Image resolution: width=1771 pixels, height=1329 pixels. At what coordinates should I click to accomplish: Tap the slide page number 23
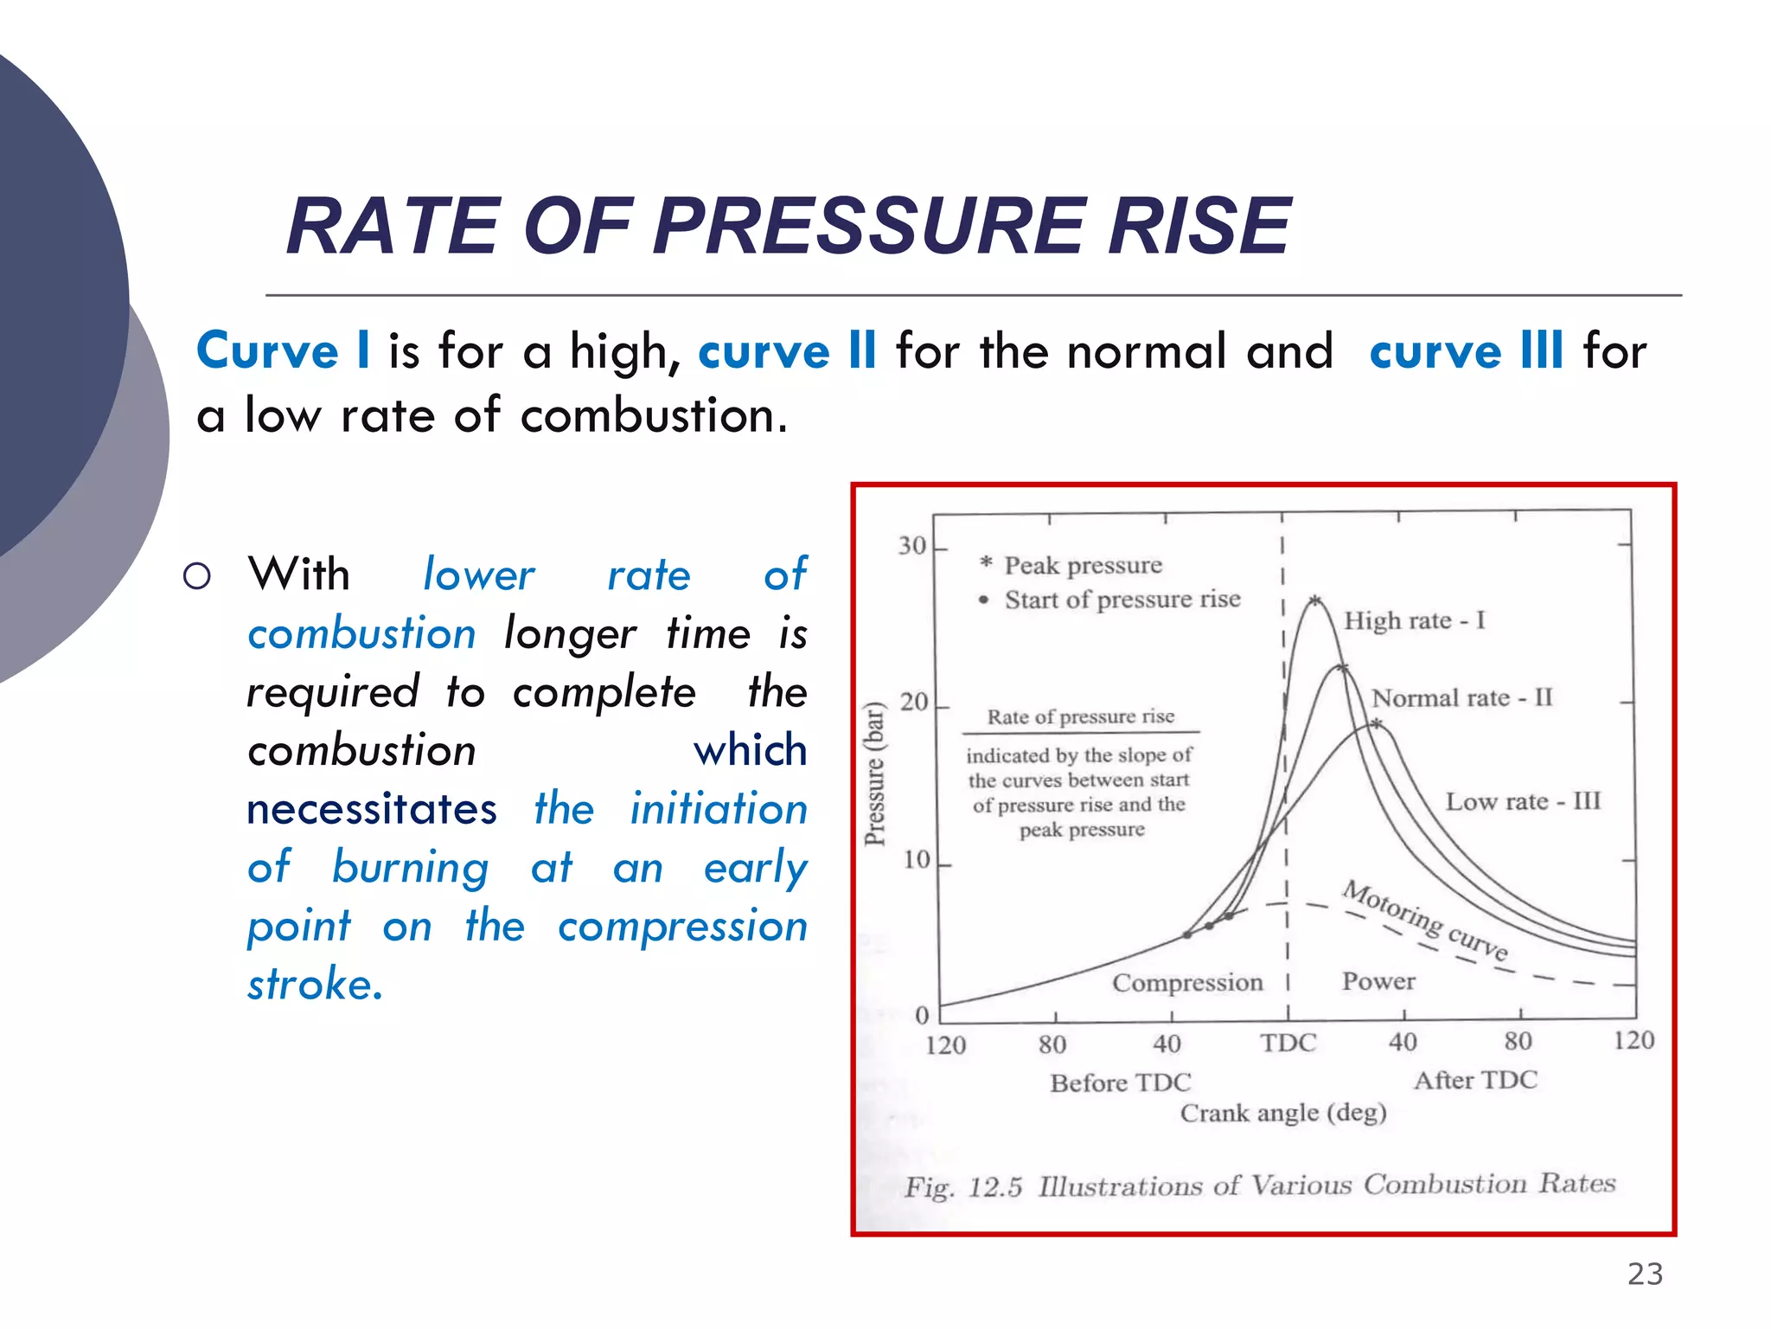click(x=1645, y=1274)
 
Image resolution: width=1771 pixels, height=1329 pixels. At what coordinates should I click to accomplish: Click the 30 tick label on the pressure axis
click(x=911, y=546)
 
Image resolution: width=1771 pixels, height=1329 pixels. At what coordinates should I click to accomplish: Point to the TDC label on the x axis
click(x=1288, y=1043)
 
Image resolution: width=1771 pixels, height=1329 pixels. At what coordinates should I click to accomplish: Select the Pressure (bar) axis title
click(x=876, y=774)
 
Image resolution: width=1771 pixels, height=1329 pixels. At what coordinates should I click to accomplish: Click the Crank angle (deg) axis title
click(x=1283, y=1113)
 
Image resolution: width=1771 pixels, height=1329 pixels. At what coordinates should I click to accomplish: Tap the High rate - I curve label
click(x=1414, y=620)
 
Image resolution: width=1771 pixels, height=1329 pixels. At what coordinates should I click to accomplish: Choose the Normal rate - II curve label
click(x=1462, y=697)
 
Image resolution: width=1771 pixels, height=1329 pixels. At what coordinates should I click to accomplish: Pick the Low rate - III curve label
click(x=1523, y=801)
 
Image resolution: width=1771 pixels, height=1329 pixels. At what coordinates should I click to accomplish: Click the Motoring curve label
click(x=1425, y=921)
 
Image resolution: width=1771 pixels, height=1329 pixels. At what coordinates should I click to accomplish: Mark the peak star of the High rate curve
click(x=1314, y=600)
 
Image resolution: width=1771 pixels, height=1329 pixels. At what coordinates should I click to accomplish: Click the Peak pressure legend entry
click(x=1082, y=565)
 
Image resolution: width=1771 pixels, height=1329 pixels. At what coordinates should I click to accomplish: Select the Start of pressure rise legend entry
click(x=1122, y=600)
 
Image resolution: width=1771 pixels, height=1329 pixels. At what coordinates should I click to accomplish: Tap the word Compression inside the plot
click(x=1187, y=983)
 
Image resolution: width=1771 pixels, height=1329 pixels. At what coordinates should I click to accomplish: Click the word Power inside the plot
click(x=1378, y=981)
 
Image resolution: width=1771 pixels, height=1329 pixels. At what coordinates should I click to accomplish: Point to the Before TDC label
click(x=1121, y=1082)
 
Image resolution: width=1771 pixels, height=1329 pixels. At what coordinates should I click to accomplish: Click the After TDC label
click(x=1475, y=1080)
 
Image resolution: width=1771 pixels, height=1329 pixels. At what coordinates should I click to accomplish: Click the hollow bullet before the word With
click(x=197, y=576)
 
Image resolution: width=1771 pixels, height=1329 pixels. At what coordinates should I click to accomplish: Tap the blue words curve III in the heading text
click(x=1467, y=352)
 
